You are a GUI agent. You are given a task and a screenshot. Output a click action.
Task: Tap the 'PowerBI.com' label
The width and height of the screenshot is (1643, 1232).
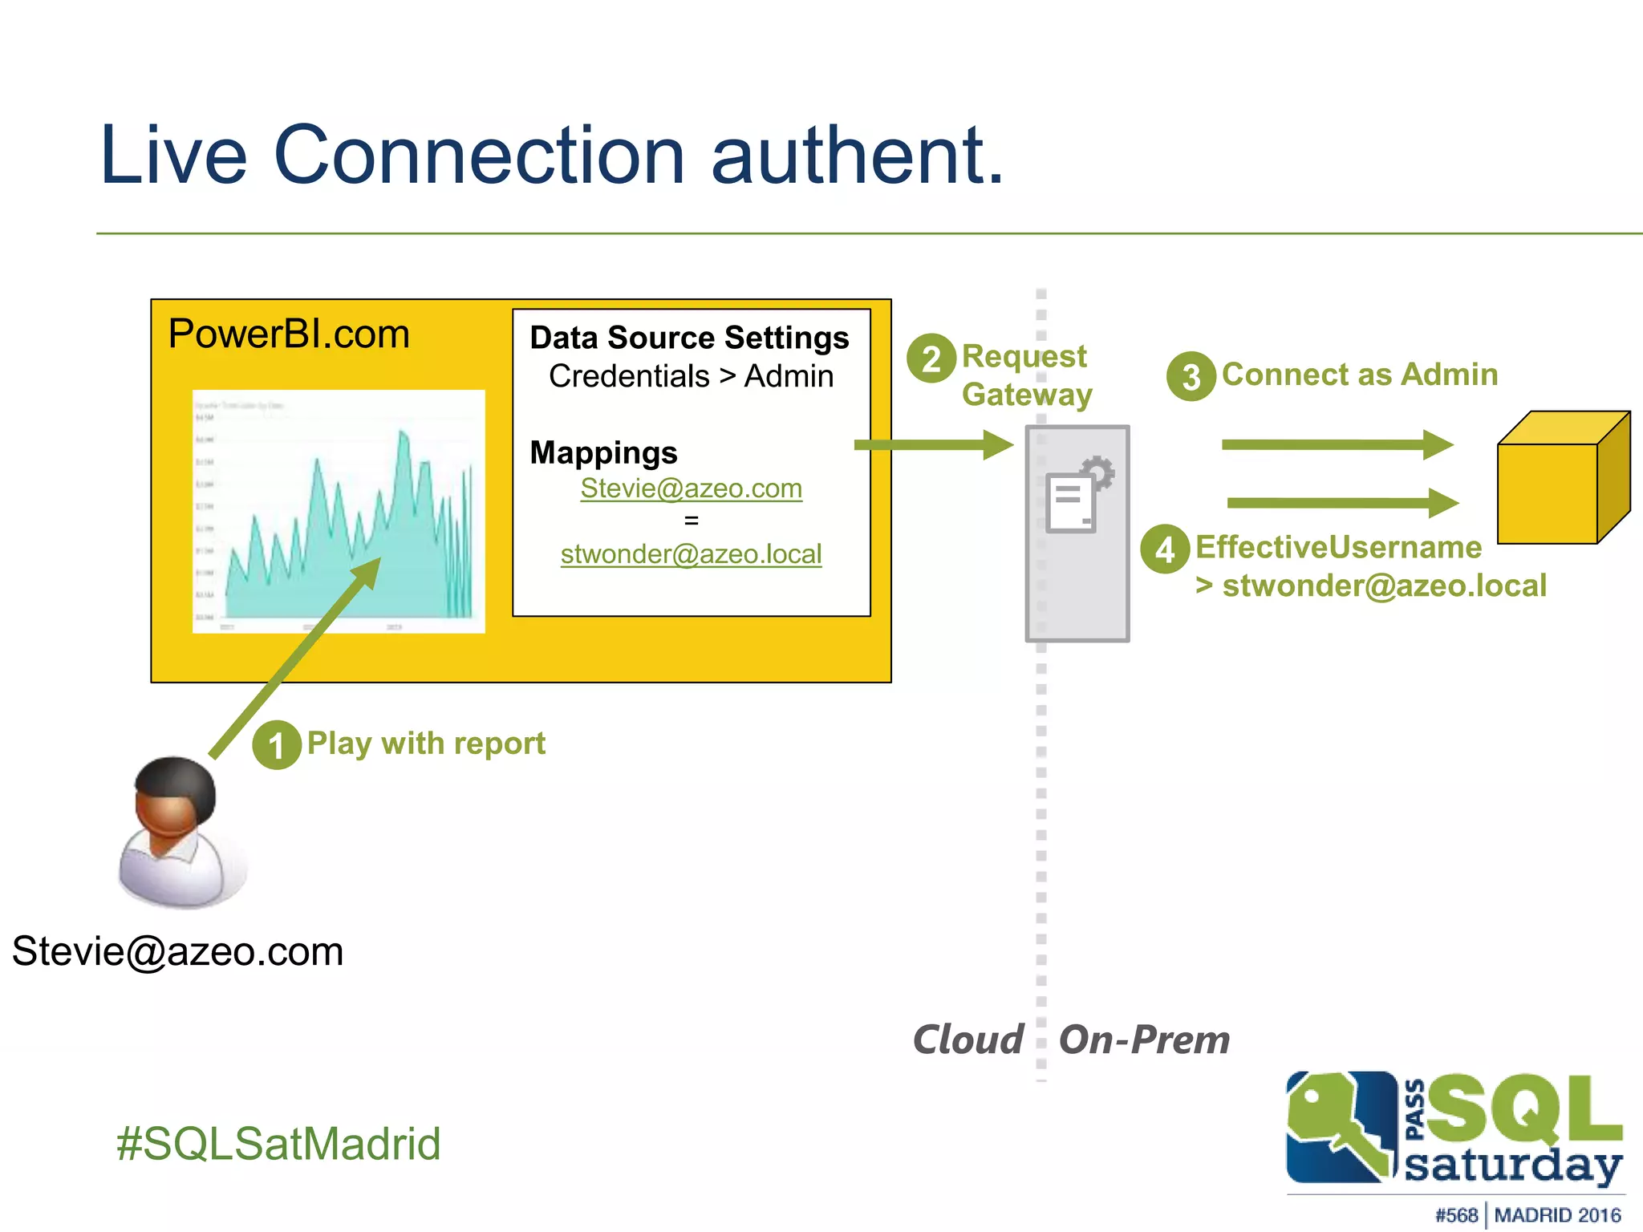[x=289, y=334]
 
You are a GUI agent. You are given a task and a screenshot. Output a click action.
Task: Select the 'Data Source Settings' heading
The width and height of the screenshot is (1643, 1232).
[x=689, y=338]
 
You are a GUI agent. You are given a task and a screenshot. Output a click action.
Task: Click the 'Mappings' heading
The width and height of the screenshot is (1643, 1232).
[x=603, y=453]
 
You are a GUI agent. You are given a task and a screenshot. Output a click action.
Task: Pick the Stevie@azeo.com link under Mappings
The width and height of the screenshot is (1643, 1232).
[x=691, y=488]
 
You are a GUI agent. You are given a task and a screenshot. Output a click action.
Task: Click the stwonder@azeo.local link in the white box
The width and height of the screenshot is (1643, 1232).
[x=691, y=554]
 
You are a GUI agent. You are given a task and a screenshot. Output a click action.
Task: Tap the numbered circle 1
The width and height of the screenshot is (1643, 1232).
[x=277, y=745]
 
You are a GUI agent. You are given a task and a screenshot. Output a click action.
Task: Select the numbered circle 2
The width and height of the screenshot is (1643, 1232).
[x=931, y=359]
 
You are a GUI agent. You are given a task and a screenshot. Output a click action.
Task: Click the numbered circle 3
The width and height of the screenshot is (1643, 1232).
[x=1191, y=376]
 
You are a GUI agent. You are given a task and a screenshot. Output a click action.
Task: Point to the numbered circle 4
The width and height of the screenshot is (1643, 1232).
[x=1165, y=549]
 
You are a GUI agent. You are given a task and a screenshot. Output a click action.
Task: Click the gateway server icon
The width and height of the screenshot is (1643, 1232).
[x=1077, y=533]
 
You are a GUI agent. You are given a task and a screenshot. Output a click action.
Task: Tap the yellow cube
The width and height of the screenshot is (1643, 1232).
[x=1562, y=480]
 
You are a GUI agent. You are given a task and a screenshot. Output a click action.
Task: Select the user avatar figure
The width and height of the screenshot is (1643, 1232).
[x=178, y=832]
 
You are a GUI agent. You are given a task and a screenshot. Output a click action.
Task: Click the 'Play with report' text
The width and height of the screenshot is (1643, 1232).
[x=426, y=744]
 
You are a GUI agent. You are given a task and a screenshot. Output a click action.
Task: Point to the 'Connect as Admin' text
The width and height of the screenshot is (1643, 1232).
[x=1360, y=375]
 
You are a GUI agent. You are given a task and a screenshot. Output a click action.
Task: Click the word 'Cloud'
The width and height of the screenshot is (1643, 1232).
[x=968, y=1039]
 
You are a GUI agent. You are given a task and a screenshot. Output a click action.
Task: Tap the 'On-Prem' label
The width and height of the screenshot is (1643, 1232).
[x=1144, y=1039]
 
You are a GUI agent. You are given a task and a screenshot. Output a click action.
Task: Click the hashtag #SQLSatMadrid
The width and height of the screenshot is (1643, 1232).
[x=278, y=1144]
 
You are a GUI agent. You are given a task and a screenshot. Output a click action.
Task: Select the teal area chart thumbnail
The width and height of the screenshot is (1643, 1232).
[x=339, y=511]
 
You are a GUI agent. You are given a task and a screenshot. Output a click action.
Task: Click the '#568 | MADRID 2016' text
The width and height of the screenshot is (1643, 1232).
[x=1527, y=1215]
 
